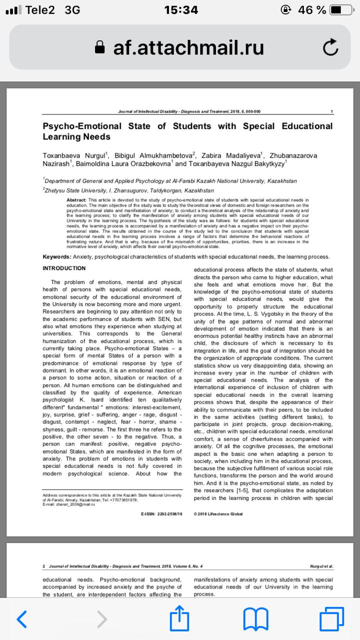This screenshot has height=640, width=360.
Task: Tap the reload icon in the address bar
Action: (330, 47)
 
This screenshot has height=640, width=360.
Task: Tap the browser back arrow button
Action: (21, 619)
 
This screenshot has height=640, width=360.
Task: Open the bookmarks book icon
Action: (255, 619)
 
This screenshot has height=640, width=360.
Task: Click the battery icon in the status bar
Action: (342, 10)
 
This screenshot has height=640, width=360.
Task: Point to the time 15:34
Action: (180, 10)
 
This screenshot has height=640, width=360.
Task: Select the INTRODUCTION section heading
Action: (64, 268)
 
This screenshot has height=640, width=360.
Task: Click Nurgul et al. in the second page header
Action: (321, 566)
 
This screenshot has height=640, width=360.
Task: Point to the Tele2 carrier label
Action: (40, 10)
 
